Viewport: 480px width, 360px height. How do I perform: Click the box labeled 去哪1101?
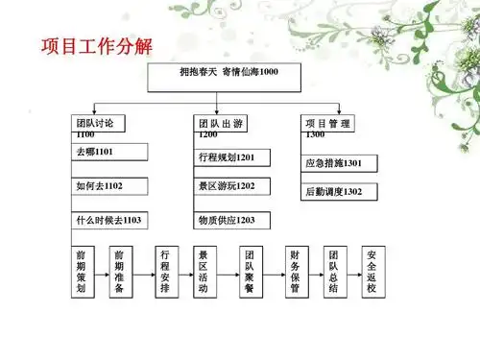point(109,152)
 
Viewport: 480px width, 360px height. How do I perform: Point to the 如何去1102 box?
point(109,185)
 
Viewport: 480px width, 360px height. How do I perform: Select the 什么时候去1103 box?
point(109,220)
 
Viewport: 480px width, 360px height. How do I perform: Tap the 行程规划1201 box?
point(231,157)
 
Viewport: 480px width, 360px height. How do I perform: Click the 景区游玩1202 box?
point(231,185)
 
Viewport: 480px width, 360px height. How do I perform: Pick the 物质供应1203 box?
point(231,220)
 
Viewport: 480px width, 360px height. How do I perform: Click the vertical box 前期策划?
point(83,272)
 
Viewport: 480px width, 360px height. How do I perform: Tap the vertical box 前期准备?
point(119,272)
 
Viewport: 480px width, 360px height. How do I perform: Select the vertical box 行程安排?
point(165,272)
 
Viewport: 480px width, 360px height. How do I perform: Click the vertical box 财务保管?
point(294,272)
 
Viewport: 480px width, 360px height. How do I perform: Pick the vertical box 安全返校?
point(372,272)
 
